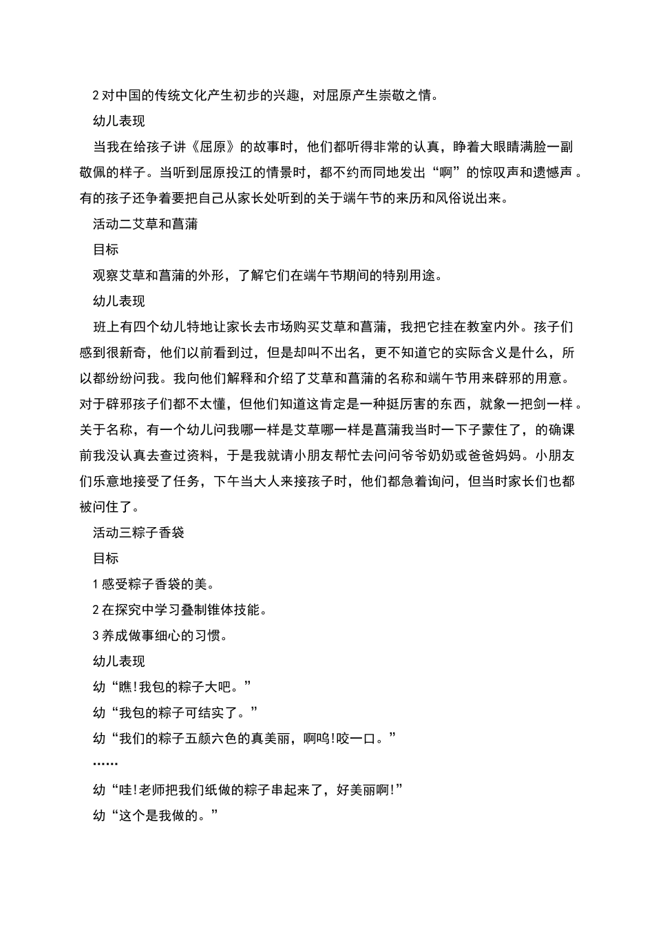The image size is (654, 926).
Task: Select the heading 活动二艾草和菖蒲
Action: pyautogui.click(x=145, y=224)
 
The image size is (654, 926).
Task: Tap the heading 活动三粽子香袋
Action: pyautogui.click(x=138, y=533)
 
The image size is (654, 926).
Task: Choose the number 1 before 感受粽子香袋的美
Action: pyautogui.click(x=96, y=584)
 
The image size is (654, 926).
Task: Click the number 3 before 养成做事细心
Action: pyautogui.click(x=96, y=635)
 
